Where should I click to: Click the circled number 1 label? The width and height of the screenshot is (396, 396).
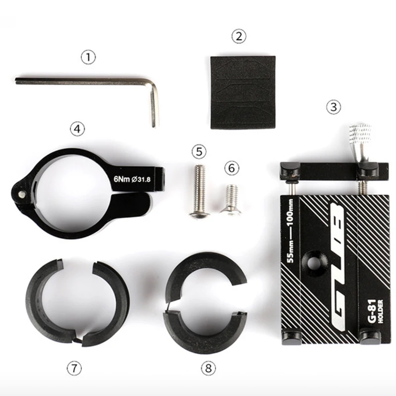click(88, 57)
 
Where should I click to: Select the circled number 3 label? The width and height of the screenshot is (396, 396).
click(334, 106)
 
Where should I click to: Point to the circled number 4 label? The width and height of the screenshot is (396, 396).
click(76, 129)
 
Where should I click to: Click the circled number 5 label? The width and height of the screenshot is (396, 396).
click(199, 151)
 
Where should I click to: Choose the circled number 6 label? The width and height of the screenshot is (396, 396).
click(231, 168)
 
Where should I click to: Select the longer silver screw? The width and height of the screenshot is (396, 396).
click(198, 190)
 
